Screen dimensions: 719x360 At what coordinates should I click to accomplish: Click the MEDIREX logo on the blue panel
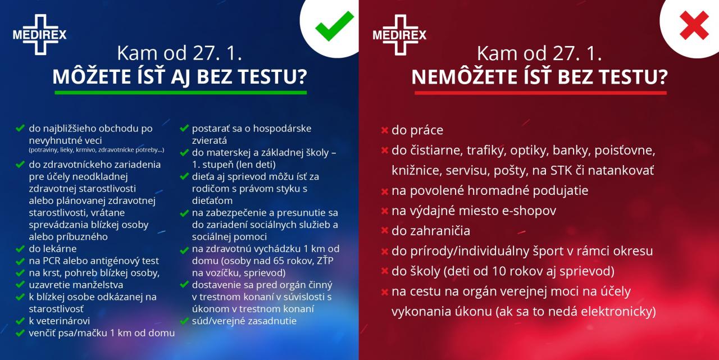[x=40, y=34]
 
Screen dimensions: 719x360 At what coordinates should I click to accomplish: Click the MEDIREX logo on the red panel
[x=399, y=35]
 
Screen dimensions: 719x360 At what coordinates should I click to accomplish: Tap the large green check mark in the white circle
[x=334, y=26]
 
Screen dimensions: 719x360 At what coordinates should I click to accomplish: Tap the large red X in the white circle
[x=694, y=25]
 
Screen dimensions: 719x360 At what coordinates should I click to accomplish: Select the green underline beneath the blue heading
[x=181, y=93]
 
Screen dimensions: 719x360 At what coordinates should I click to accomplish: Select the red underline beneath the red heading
[x=540, y=93]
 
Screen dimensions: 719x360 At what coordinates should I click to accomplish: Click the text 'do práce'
[x=417, y=130]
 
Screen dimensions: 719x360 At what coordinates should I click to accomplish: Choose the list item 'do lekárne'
[x=53, y=249]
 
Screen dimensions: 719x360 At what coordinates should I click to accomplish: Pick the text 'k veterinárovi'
[x=60, y=321]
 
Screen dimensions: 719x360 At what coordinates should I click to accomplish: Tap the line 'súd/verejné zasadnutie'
[x=244, y=321]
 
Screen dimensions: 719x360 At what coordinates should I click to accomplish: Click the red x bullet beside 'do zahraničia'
[x=385, y=230]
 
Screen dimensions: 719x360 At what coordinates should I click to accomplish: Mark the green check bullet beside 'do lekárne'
[x=20, y=249]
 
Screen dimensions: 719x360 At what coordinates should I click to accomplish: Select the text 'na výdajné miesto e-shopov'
[x=474, y=211]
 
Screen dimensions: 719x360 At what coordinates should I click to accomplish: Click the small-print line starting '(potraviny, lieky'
[x=96, y=150]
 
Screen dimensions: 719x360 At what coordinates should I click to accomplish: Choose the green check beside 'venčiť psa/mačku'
[x=20, y=333]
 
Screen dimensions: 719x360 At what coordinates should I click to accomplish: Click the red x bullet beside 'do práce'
[x=385, y=130]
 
